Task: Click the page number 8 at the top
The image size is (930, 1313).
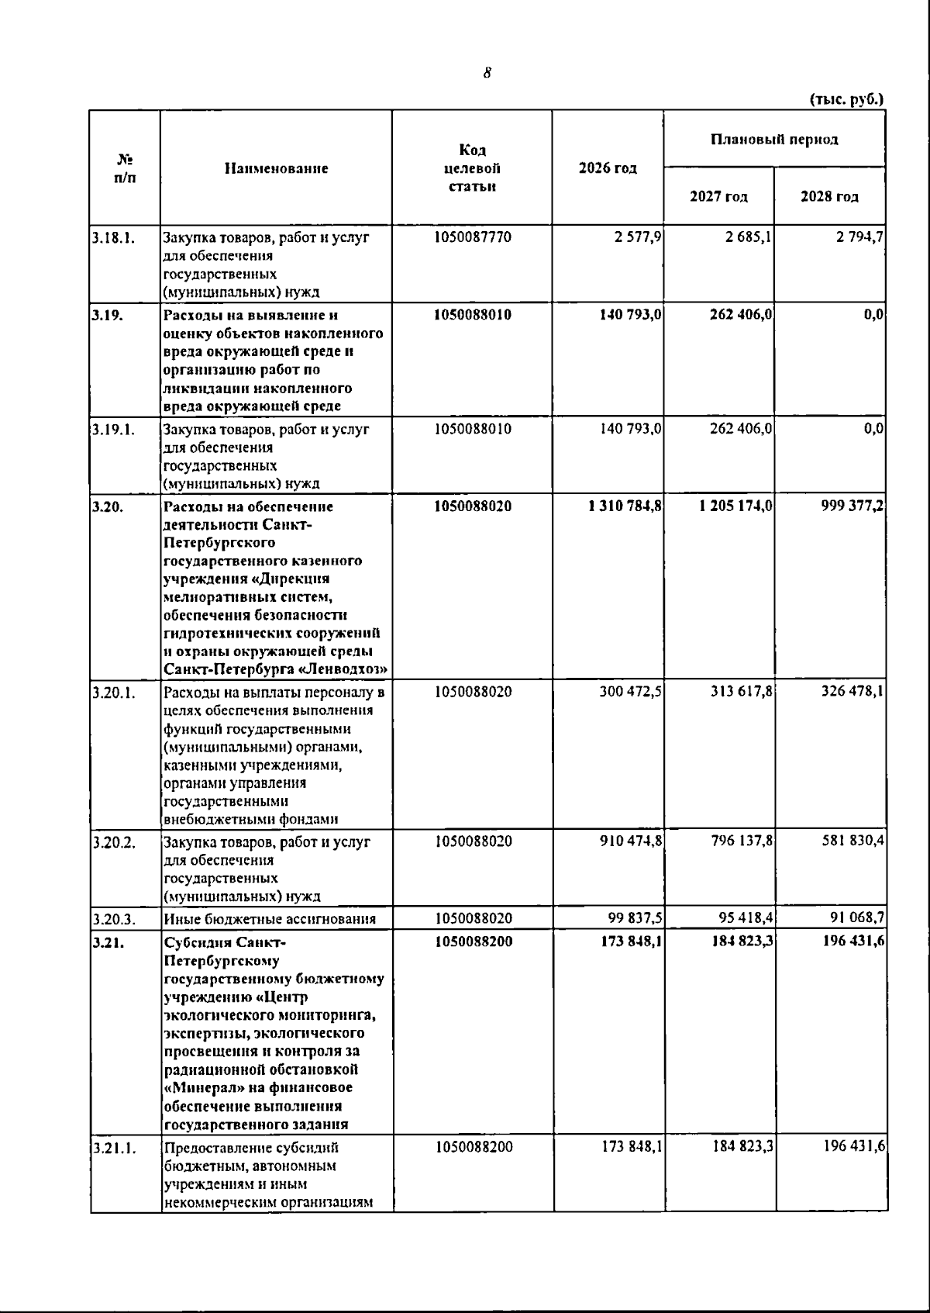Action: point(487,73)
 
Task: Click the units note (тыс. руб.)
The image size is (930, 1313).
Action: point(846,99)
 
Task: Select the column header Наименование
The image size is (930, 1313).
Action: point(276,168)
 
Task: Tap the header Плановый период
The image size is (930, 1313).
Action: point(774,140)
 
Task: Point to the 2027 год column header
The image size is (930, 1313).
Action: point(718,197)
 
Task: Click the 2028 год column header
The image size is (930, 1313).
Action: point(829,197)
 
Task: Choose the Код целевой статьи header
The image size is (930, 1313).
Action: point(472,168)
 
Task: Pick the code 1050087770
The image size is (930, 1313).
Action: point(473,237)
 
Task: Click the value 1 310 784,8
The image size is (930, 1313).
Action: point(625,506)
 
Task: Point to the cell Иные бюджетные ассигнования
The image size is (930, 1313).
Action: point(270,919)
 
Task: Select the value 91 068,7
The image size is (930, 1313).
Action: point(856,919)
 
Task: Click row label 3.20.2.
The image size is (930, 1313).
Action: point(113,842)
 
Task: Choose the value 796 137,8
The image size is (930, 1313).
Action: point(742,841)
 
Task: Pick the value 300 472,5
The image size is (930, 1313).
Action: point(630,692)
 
